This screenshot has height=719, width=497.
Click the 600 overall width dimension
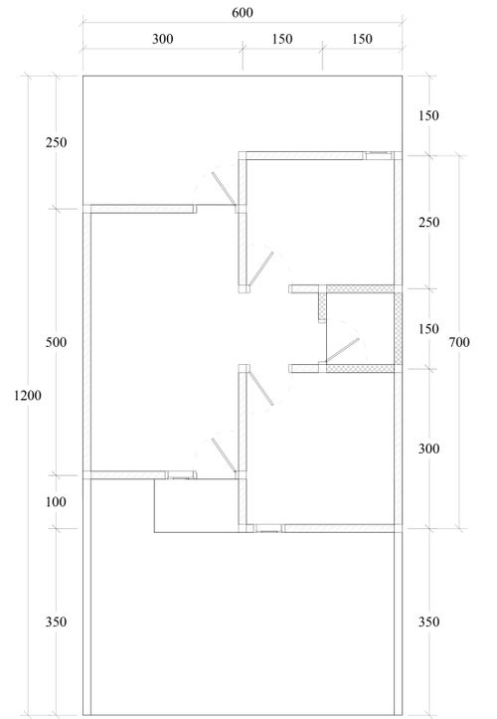[x=243, y=12]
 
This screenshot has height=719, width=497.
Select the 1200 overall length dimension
[x=28, y=395]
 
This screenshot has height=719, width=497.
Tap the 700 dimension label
[x=459, y=342]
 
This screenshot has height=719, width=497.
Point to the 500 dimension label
[x=56, y=342]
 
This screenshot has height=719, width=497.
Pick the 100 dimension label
[x=56, y=501]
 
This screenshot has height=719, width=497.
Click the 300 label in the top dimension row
[x=163, y=39]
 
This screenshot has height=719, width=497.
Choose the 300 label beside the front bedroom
[x=428, y=448]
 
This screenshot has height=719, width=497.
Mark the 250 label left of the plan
[x=56, y=142]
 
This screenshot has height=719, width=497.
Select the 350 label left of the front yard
[x=56, y=622]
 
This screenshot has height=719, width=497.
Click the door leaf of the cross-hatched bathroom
[x=343, y=350]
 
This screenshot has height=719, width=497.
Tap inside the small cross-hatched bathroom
[x=360, y=328]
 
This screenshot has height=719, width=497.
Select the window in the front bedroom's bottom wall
[x=268, y=528]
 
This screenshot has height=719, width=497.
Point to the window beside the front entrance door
[x=180, y=475]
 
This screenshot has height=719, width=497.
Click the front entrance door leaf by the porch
[x=224, y=454]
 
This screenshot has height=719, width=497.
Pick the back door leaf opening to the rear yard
[x=224, y=189]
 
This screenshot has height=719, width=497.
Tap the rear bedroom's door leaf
[x=260, y=269]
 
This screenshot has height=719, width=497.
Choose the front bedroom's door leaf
[x=260, y=389]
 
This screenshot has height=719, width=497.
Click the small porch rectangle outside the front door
[x=196, y=506]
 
